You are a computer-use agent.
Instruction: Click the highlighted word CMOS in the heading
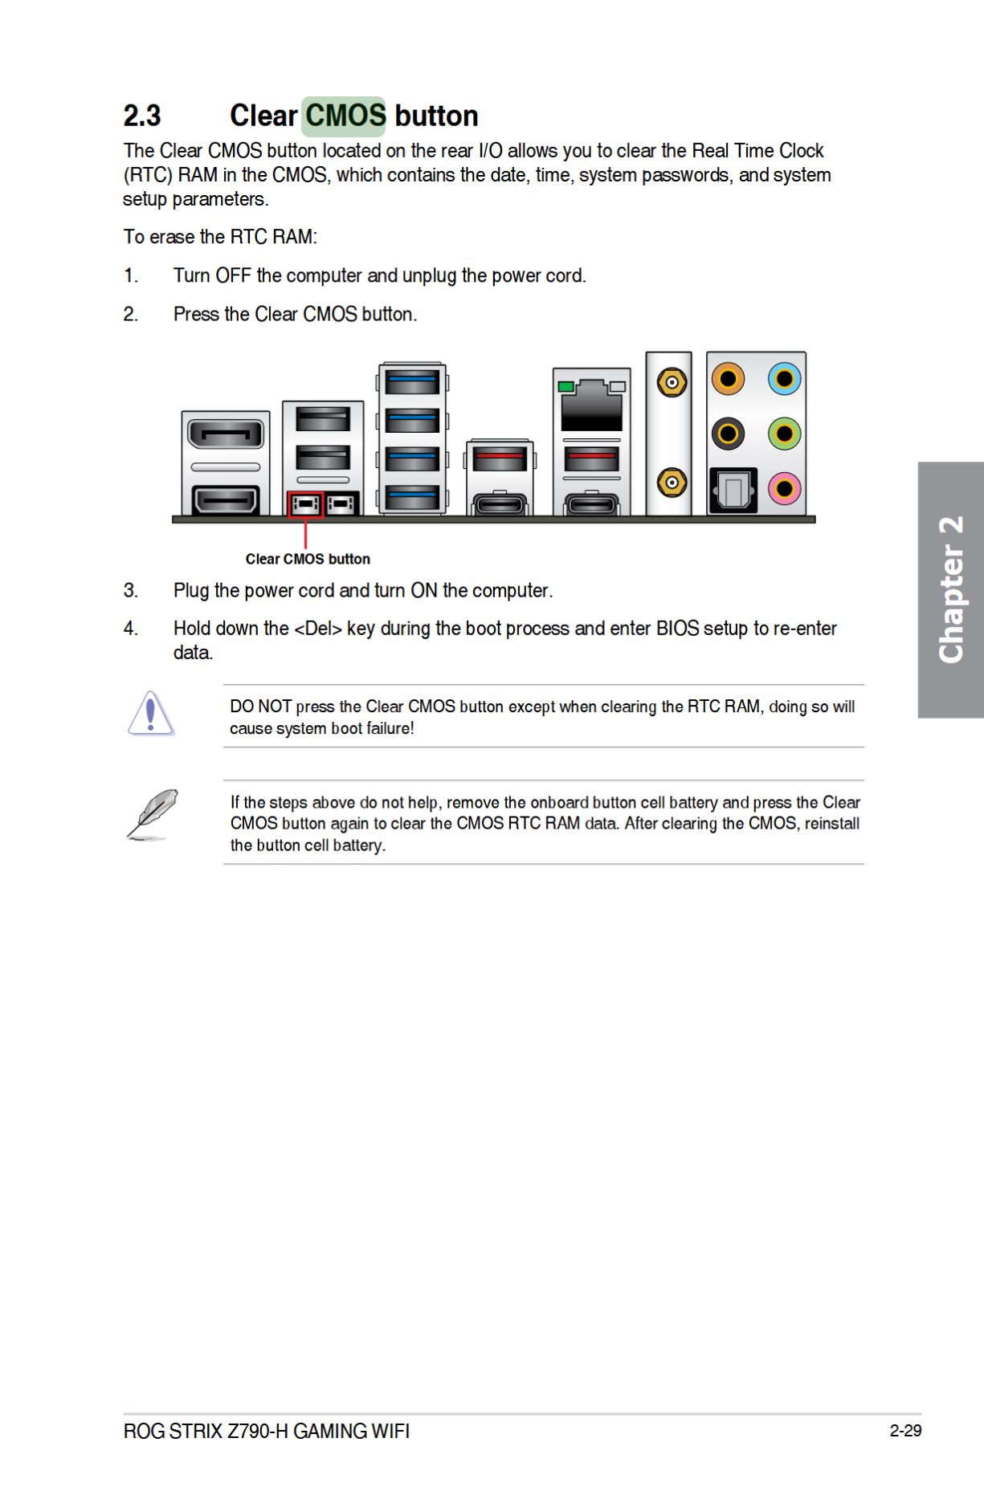point(345,116)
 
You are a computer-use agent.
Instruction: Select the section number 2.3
point(142,116)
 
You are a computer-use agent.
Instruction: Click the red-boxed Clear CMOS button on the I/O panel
point(306,504)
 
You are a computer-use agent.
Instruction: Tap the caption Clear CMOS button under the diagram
point(308,559)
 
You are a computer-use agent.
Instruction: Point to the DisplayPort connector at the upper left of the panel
point(226,435)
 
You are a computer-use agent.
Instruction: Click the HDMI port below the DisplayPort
point(226,500)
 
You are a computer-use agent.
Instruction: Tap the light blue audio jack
point(784,379)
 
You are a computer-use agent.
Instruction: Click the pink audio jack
point(784,488)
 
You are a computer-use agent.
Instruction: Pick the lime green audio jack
point(784,434)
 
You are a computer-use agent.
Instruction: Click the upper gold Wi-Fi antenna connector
point(671,382)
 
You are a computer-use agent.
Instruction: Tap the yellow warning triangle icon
point(151,714)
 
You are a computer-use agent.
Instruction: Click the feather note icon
point(153,814)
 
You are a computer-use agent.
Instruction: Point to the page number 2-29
point(905,1431)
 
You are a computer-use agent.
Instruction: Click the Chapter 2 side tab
point(951,589)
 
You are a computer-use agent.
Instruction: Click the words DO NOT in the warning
point(260,707)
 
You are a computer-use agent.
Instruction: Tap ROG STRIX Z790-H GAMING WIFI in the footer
point(267,1432)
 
